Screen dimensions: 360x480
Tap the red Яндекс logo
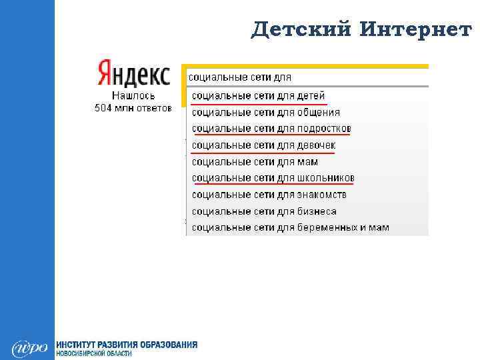[x=133, y=74]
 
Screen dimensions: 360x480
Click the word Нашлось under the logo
[x=133, y=96]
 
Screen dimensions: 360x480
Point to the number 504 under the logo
[x=103, y=107]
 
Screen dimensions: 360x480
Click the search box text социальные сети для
[x=240, y=77]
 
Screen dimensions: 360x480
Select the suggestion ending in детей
[x=259, y=96]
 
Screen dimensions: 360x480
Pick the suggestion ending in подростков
[x=271, y=129]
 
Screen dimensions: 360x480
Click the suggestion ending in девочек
[x=263, y=145]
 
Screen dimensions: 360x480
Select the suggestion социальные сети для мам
[x=255, y=162]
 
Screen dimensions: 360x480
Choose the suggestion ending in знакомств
[x=269, y=195]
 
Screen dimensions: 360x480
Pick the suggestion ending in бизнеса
[x=264, y=211]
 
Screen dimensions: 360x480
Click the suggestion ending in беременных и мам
[x=290, y=228]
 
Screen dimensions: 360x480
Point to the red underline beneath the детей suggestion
[x=259, y=105]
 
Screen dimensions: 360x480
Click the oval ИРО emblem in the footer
[x=29, y=348]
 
